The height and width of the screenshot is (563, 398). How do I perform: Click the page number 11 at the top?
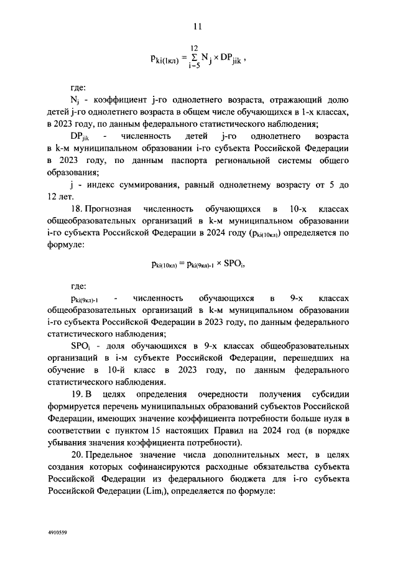(198, 26)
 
